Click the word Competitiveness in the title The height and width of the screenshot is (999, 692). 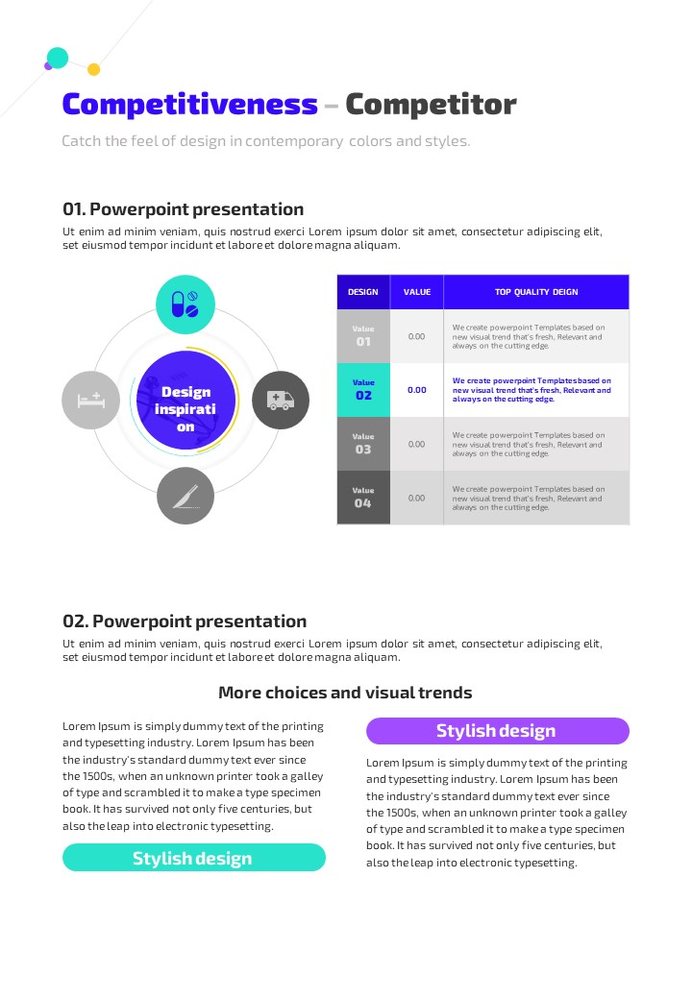(189, 105)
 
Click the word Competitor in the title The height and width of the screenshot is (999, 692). (431, 105)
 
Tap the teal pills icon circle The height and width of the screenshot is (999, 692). (185, 305)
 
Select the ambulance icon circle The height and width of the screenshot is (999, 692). (281, 400)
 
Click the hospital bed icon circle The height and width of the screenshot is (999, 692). (90, 400)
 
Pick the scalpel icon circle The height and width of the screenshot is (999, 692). (185, 496)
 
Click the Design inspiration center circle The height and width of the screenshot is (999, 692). (185, 401)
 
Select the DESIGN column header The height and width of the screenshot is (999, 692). (363, 292)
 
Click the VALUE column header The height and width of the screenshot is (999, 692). (417, 292)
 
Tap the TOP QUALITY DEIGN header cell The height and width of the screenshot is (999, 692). (536, 292)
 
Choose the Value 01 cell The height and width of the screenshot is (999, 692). (363, 336)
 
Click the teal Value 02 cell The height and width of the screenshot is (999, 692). (363, 390)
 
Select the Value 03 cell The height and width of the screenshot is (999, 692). (363, 444)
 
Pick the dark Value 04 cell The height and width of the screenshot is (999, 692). (363, 498)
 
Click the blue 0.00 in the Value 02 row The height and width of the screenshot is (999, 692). (417, 390)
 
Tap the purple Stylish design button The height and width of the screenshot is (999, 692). (497, 731)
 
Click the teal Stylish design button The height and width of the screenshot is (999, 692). (193, 858)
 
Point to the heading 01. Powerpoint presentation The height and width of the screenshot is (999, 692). (183, 209)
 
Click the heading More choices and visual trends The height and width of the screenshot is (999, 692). (345, 693)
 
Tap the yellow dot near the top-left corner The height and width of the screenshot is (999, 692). (94, 69)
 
